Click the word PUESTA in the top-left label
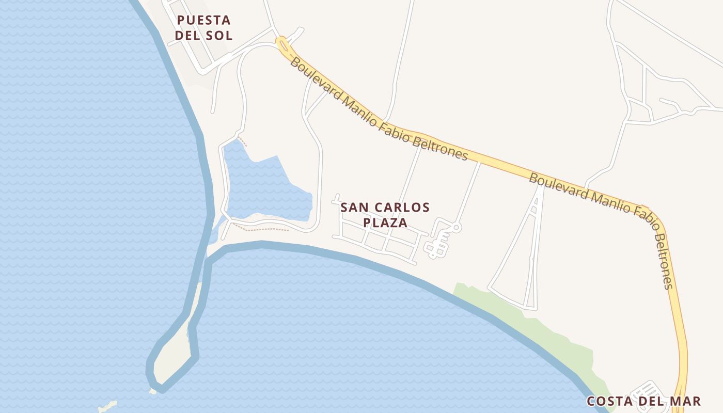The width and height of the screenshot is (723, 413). pos(203,20)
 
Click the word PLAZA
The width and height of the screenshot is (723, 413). pos(385,223)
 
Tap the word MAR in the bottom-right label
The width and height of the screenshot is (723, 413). pos(686,401)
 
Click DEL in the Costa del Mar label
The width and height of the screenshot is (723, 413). pos(648,401)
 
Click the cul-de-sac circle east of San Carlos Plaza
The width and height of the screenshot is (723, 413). pos(457,227)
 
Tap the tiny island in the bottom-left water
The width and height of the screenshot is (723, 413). pos(107,406)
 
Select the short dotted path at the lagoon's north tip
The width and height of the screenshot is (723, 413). pos(243,141)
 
